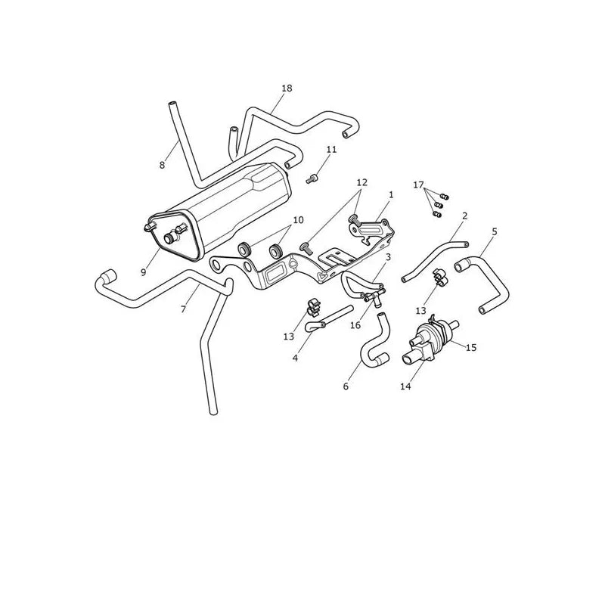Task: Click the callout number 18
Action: pos(287,88)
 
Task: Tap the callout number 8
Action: pos(162,165)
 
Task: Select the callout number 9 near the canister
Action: pos(143,272)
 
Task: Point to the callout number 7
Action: pos(183,309)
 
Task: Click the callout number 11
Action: pos(331,149)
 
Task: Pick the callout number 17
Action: pos(418,185)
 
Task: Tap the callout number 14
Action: pos(405,386)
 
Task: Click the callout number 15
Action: pos(471,348)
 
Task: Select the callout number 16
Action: pos(355,325)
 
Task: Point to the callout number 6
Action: pos(346,386)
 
